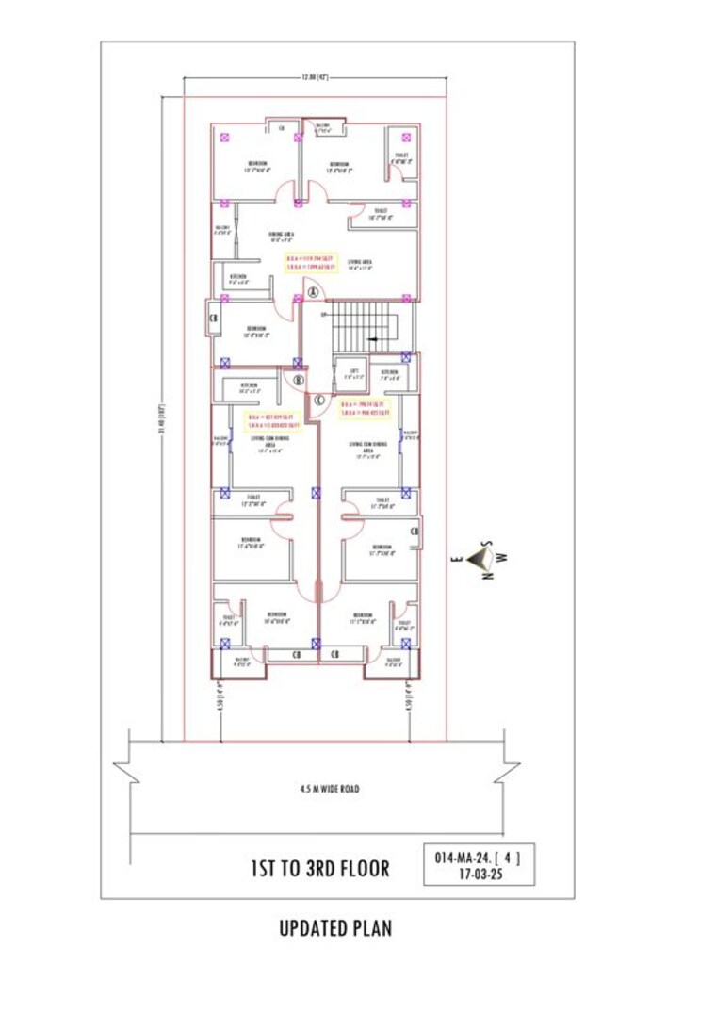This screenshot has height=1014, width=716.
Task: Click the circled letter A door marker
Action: (312, 293)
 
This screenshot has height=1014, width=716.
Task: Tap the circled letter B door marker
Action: (299, 381)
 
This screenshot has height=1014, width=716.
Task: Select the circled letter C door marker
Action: (319, 400)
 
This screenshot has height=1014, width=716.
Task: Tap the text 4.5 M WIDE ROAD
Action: (330, 789)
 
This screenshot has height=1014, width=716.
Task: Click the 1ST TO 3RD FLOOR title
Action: (319, 868)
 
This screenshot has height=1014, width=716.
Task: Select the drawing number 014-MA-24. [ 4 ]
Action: (478, 859)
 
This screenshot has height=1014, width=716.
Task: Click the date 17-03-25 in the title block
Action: (478, 875)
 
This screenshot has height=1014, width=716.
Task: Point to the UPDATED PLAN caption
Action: (335, 928)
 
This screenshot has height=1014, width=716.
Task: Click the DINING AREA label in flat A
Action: (275, 235)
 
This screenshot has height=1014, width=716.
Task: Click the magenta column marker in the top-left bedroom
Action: (224, 138)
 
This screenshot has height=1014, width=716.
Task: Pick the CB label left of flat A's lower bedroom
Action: (213, 319)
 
